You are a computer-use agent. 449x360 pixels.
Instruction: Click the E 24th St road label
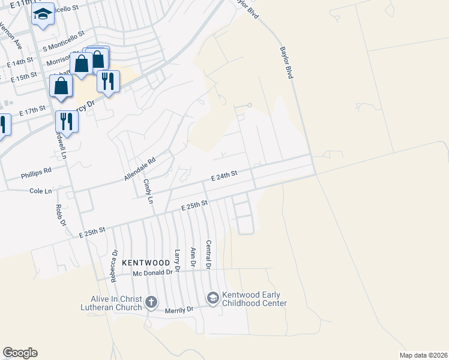point(224,174)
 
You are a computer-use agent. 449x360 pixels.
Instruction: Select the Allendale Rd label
point(140,169)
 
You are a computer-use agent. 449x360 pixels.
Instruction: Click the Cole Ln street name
point(41,191)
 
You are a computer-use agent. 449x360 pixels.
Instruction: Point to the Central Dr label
point(208,254)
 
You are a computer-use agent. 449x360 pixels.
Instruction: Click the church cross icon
point(151,302)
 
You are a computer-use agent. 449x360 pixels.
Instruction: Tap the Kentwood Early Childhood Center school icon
point(212,298)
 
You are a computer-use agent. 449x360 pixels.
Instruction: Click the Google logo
point(20,353)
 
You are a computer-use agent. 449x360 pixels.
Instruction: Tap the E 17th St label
point(32,112)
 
